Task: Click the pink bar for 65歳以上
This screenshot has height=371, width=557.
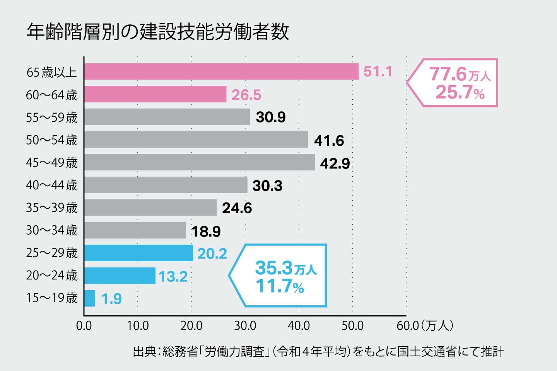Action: [x=221, y=71]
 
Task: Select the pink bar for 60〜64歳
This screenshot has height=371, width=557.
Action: [x=155, y=94]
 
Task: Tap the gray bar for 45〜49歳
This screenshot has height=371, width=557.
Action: [x=200, y=162]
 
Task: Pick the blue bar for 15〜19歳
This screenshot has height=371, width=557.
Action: [x=90, y=298]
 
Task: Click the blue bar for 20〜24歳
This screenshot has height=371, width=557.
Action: [x=120, y=276]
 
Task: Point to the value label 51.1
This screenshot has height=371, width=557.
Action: [x=378, y=71]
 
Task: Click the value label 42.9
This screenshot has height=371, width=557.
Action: [x=335, y=163]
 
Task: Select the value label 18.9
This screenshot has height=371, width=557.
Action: [x=206, y=231]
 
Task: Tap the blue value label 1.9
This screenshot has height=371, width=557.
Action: [x=111, y=299]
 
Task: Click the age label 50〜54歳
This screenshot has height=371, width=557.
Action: [x=52, y=140]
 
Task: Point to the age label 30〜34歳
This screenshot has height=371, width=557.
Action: [x=52, y=230]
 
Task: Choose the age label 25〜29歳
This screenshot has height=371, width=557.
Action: [x=52, y=253]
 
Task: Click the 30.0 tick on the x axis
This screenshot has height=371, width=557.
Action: [x=245, y=326]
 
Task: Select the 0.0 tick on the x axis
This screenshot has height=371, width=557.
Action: [x=84, y=326]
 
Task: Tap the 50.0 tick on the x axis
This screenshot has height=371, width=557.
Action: [x=352, y=326]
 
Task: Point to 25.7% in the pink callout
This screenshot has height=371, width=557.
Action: [x=460, y=93]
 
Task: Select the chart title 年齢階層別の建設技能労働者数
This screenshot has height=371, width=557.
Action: [x=158, y=32]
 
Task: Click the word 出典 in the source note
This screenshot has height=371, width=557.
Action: [x=144, y=352]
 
